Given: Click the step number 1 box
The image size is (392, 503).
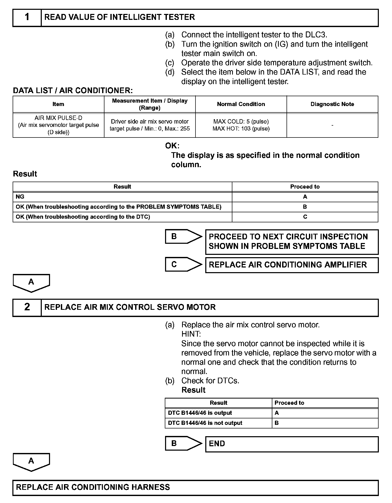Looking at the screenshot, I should click(x=27, y=18).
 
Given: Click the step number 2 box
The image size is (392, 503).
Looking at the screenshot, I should click(x=27, y=307).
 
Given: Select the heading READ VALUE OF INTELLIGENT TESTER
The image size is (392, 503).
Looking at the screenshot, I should click(x=120, y=17).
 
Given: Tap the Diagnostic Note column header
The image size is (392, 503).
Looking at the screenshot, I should click(x=332, y=104).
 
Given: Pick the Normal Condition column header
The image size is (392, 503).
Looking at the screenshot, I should click(x=241, y=104).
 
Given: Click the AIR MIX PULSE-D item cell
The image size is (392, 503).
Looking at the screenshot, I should click(x=58, y=125).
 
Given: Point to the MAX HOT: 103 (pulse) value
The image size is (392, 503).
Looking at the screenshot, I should click(x=241, y=129).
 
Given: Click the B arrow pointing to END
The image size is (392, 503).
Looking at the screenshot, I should click(x=183, y=443).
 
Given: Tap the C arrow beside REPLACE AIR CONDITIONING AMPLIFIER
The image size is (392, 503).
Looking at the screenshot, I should click(x=183, y=264).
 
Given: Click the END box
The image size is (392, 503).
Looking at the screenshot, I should click(x=292, y=444).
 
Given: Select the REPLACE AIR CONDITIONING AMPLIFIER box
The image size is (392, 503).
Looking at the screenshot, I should click(x=292, y=265).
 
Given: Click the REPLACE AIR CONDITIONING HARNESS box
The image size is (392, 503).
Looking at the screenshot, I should click(x=195, y=487).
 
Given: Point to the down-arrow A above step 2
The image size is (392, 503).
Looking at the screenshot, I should click(x=31, y=283).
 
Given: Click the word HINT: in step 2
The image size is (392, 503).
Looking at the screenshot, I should click(x=191, y=334).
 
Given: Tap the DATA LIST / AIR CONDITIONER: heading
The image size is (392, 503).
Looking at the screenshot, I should click(x=73, y=91).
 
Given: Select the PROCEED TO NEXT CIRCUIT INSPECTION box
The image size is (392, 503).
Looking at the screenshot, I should click(x=292, y=242).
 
